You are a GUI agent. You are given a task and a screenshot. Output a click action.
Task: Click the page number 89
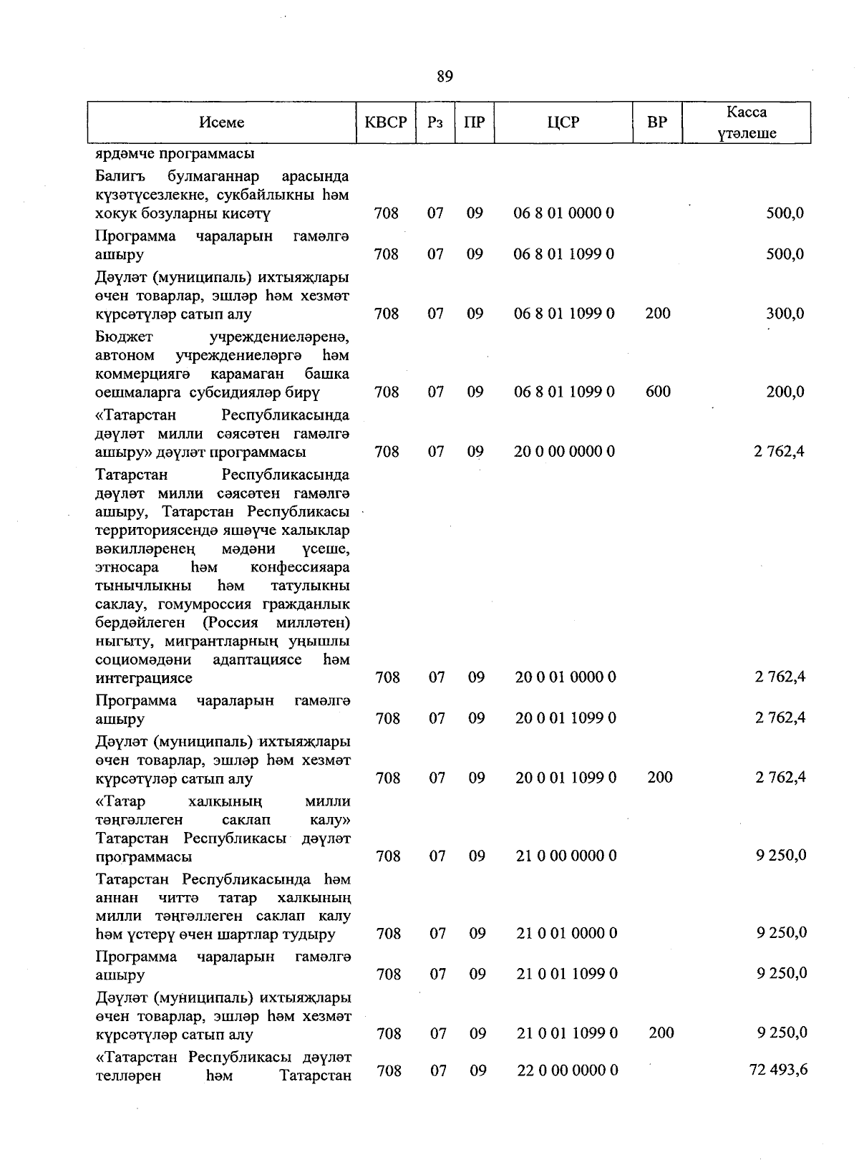point(444,76)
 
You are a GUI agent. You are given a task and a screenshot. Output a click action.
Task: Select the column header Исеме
point(222,122)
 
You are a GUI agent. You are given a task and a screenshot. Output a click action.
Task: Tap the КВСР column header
point(386,122)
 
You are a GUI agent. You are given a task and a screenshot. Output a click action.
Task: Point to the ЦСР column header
point(563,122)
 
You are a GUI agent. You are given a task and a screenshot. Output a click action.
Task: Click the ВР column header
point(656,122)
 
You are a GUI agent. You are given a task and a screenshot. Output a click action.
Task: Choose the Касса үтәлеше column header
point(747,122)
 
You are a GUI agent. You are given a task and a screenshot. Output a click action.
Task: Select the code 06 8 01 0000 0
point(564,213)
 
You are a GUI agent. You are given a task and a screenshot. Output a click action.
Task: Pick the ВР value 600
point(658,391)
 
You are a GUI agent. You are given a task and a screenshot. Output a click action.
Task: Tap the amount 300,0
point(785,313)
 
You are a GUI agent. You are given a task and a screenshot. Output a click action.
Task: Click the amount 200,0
point(785,391)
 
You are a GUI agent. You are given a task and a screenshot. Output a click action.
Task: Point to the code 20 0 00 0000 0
point(564,451)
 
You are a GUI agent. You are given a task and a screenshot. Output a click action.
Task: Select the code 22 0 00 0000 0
point(567,1070)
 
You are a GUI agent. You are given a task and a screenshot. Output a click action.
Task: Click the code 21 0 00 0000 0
point(566,856)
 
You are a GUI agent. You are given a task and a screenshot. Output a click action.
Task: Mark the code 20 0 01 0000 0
point(566,677)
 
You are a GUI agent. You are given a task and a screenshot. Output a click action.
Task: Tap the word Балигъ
point(120,176)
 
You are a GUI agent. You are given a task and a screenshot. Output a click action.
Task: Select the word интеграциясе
point(143,677)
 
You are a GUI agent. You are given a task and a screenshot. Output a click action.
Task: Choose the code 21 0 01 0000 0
point(567,933)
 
